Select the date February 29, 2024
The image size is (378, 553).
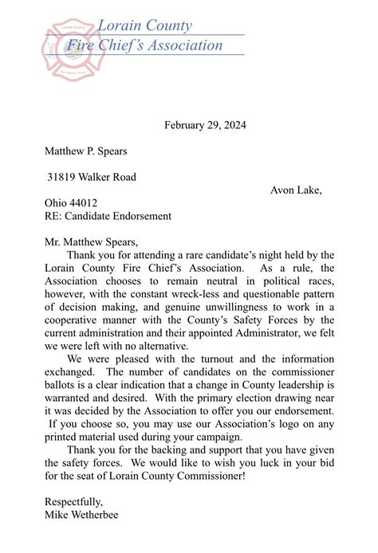(205, 125)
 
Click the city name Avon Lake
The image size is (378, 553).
(296, 190)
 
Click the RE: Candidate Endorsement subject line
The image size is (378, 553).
(108, 216)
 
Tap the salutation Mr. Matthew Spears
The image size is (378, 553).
(92, 242)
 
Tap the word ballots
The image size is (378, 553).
(64, 385)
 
